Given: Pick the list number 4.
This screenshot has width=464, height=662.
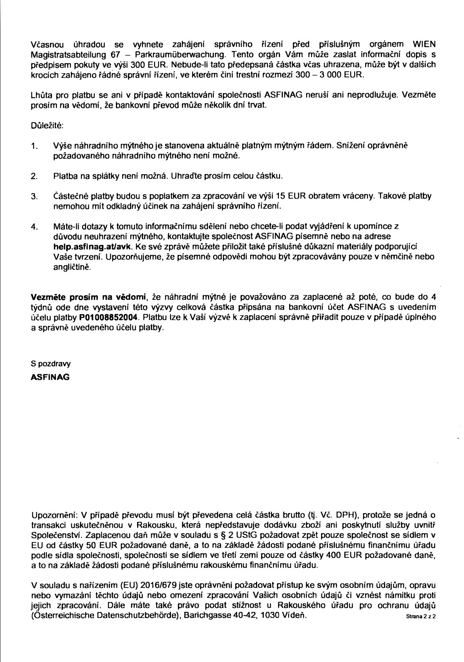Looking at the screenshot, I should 34,227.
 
